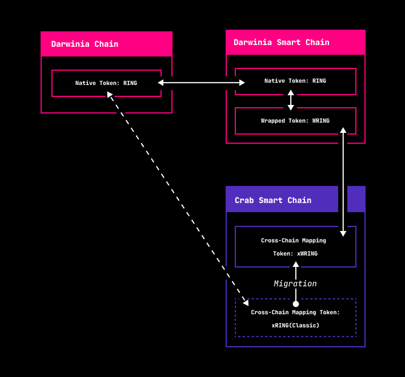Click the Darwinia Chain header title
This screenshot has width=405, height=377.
pyautogui.click(x=85, y=44)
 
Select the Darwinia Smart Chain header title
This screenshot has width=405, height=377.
pyautogui.click(x=282, y=42)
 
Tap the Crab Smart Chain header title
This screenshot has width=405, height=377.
pyautogui.click(x=273, y=200)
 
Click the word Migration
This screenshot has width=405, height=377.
pyautogui.click(x=295, y=283)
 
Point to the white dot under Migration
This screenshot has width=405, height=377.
pyautogui.click(x=296, y=304)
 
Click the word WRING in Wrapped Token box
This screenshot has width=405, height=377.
pyautogui.click(x=321, y=121)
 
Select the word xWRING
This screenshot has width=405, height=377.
pyautogui.click(x=307, y=253)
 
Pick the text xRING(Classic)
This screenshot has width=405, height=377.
pyautogui.click(x=295, y=326)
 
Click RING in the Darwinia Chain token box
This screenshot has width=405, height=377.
pyautogui.click(x=130, y=83)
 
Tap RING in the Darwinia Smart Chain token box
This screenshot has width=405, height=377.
pyautogui.click(x=319, y=81)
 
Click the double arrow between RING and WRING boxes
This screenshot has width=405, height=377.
pyautogui.click(x=291, y=100)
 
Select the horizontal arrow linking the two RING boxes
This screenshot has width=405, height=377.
pyautogui.click(x=201, y=83)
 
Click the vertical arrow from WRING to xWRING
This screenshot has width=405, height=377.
pyautogui.click(x=343, y=182)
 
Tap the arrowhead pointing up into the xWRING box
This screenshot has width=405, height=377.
pyautogui.click(x=296, y=264)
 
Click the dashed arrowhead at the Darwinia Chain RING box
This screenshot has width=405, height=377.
pyautogui.click(x=110, y=94)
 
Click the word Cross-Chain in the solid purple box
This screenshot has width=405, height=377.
pyautogui.click(x=280, y=240)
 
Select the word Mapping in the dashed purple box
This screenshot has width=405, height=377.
pyautogui.click(x=304, y=313)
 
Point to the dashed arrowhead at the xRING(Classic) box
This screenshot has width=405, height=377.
pyautogui.click(x=246, y=303)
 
